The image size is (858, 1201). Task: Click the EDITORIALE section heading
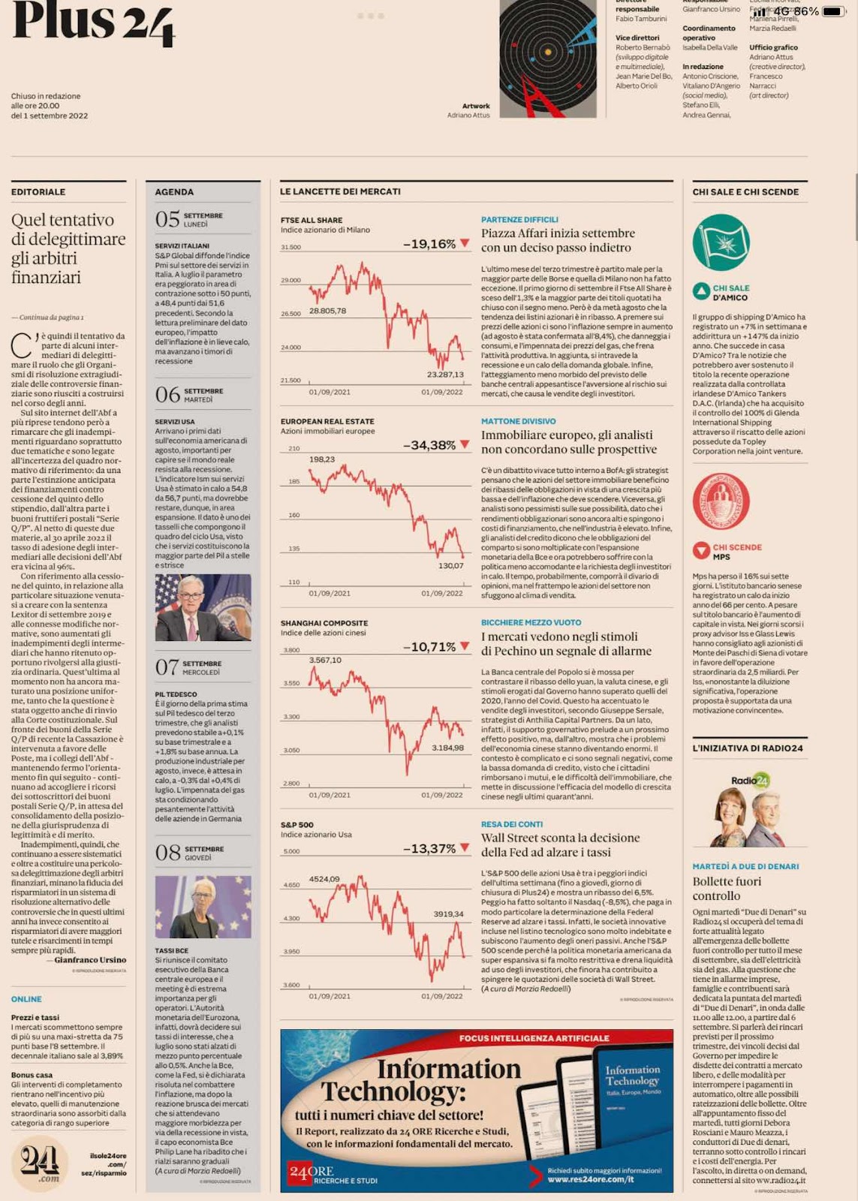coord(38,192)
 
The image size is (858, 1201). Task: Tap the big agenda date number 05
coord(167,219)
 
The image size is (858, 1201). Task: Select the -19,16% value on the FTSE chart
coord(429,244)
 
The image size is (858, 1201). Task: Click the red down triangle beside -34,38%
coord(465,444)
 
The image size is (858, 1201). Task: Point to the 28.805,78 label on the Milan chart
coord(327,311)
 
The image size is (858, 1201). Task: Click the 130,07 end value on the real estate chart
coord(451,566)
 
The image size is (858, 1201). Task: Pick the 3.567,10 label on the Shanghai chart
coord(325,661)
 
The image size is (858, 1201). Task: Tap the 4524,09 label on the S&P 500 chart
coord(324,879)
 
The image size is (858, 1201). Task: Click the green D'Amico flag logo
coord(721,242)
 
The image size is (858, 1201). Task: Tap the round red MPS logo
coord(721,501)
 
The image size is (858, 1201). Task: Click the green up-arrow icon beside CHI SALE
coord(701,292)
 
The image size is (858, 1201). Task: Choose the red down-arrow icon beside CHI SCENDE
coord(701,551)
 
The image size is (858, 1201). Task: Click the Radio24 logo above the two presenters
coord(751,781)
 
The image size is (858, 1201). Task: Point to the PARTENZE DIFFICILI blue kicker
coord(519,220)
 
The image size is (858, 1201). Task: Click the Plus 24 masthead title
coord(94,23)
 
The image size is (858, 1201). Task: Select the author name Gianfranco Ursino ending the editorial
coord(90,960)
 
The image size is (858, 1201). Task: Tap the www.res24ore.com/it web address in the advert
coord(590,1179)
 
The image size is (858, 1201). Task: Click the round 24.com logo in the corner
coord(41,1163)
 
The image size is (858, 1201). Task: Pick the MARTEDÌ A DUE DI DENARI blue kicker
coord(745,866)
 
